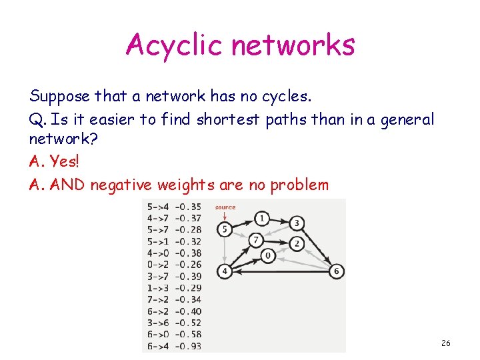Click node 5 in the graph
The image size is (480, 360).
225,230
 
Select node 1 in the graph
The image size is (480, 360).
262,218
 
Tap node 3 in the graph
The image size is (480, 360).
297,223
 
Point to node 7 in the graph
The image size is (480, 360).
255,239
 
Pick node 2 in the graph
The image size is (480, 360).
297,244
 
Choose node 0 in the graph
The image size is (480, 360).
268,255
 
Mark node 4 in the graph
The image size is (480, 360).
225,271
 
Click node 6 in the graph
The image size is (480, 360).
337,271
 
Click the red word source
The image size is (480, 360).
225,207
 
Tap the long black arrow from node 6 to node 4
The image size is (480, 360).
280,271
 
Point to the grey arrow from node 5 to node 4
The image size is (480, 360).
225,251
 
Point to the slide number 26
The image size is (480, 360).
446,343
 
